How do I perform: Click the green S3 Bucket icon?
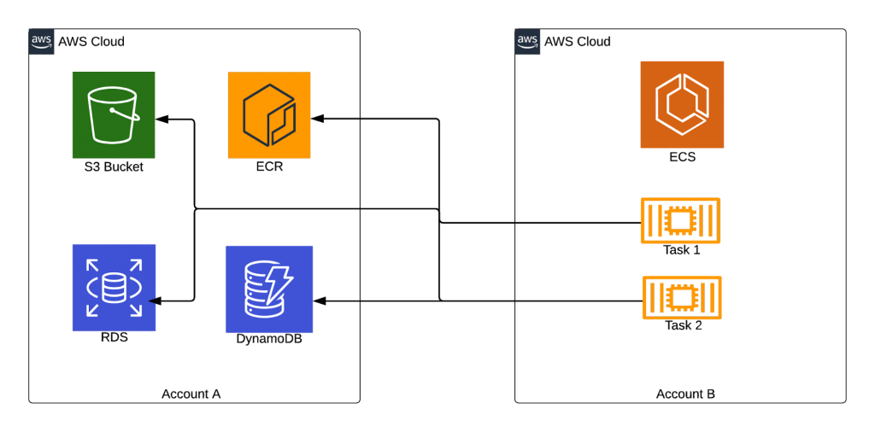pos(114,114)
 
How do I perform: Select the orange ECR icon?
pos(269,114)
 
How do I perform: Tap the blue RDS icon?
pos(114,288)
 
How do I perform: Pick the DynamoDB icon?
pos(269,289)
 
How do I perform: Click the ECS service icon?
pos(682,105)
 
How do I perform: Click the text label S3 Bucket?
pos(114,166)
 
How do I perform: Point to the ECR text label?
pos(269,166)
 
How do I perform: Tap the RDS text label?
pos(114,338)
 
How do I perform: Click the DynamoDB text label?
pos(269,339)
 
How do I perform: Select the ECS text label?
pos(682,157)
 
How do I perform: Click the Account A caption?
pos(191,394)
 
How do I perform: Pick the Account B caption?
pos(685,394)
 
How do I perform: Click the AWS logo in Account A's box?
pos(41,41)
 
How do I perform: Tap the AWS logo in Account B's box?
pos(527,41)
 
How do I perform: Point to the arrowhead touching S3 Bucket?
pos(161,119)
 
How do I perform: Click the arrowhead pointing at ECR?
pos(318,119)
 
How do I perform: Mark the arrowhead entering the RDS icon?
pos(156,301)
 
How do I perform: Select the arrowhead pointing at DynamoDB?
pos(320,301)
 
